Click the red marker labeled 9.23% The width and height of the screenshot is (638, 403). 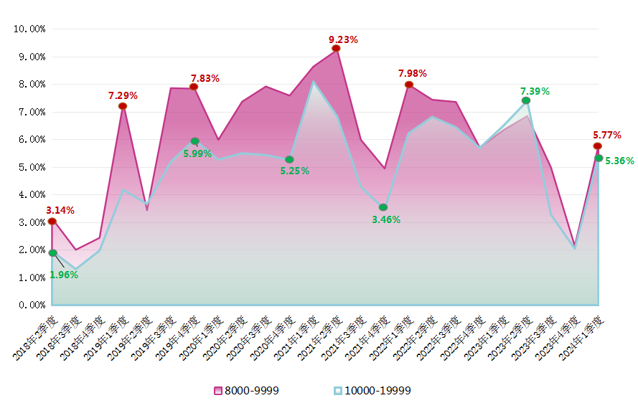point(336,49)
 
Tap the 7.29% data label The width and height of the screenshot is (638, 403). point(123,95)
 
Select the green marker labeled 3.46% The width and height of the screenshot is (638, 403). point(383,207)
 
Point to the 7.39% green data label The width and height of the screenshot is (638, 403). point(535,91)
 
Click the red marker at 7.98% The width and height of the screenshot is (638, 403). point(409,85)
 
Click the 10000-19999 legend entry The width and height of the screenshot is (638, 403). point(372,391)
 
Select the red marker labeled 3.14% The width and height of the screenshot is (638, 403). point(52,221)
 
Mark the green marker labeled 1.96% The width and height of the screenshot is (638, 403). point(52,253)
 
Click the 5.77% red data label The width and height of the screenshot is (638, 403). point(607,135)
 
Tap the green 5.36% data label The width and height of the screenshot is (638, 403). point(619,161)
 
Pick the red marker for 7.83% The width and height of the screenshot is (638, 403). point(194,87)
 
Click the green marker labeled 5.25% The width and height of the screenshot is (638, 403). point(289,159)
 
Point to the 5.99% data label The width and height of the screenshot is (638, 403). point(197,153)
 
